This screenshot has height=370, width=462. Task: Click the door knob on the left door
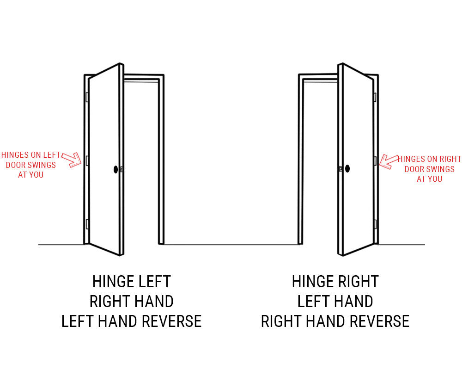(x=116, y=169)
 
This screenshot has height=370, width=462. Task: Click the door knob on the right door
(x=347, y=168)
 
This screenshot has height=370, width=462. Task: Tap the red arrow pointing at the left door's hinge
(x=72, y=160)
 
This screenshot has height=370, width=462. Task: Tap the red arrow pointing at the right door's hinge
(x=389, y=161)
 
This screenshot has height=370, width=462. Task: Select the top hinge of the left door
(x=87, y=97)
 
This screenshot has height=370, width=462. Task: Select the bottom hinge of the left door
(x=87, y=224)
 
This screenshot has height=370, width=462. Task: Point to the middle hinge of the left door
(x=87, y=161)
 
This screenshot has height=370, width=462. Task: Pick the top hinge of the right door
(x=375, y=97)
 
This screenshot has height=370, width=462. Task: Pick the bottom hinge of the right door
(x=375, y=224)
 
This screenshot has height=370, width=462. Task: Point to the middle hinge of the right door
(x=375, y=161)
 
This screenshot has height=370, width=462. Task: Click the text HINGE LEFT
(x=131, y=282)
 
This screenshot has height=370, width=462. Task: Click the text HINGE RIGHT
(x=335, y=282)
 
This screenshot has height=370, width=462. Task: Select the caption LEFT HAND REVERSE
(x=131, y=321)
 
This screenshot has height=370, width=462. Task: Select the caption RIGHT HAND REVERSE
(x=335, y=321)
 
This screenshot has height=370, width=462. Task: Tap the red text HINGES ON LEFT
(x=30, y=155)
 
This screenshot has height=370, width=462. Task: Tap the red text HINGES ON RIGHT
(x=429, y=159)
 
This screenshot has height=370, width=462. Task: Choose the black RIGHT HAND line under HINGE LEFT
(x=131, y=301)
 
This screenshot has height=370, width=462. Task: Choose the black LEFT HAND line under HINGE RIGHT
(x=335, y=301)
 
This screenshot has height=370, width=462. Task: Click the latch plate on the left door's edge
(x=122, y=169)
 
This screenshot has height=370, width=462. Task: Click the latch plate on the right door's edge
(x=341, y=169)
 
